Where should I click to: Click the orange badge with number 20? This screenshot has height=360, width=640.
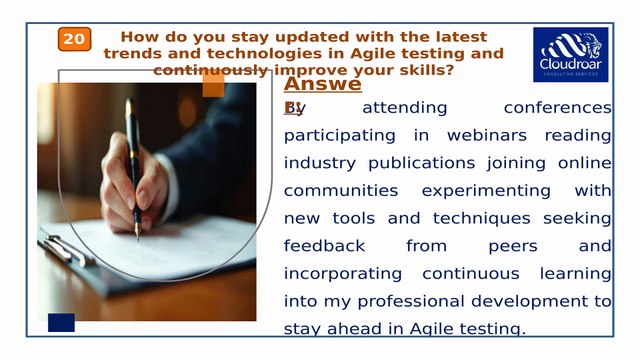74,39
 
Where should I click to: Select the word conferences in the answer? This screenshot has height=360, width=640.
557,107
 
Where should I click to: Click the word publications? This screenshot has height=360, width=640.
409,162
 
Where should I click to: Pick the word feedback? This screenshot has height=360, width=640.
325,245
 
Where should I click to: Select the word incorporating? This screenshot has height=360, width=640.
343,273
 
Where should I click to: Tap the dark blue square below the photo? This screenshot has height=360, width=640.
62,322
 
